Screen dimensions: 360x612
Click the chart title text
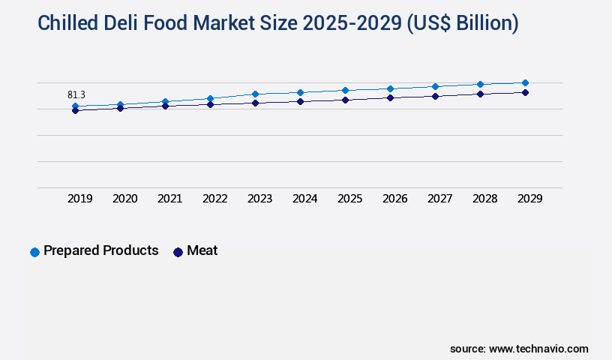277,23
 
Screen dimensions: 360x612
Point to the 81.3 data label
76,94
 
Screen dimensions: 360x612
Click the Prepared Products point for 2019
75,106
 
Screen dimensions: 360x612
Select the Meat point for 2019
75,111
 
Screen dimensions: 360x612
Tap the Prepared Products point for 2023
255,94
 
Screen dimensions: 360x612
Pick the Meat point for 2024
300,101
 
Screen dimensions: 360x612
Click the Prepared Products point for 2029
525,82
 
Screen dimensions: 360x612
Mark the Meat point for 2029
525,92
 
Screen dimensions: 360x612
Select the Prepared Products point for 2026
390,88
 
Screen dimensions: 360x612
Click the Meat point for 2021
165,106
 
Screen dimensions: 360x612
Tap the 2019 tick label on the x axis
80,199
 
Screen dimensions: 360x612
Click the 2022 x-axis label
215,199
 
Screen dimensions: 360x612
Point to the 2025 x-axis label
350,199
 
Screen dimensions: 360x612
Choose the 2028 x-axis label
485,199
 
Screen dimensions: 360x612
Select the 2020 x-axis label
125,199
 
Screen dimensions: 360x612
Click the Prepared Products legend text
101,250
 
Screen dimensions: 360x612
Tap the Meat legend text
202,250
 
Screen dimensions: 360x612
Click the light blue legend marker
34,252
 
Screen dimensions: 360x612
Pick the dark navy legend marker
178,252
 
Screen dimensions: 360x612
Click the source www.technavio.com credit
519,349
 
